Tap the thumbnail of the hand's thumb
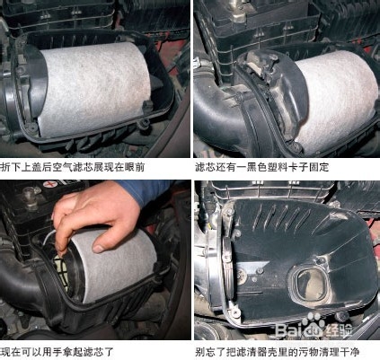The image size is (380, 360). (x=99, y=248)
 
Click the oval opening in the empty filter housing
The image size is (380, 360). (x=311, y=285)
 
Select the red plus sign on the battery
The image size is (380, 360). (x=49, y=184)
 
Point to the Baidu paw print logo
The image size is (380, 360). (x=314, y=323)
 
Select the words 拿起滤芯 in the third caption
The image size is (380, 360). (x=83, y=352)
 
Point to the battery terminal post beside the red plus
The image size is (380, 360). (x=30, y=195)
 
